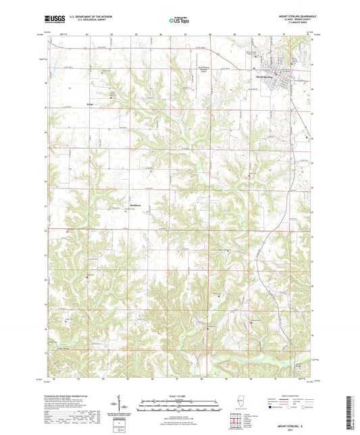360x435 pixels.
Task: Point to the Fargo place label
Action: coord(91,105)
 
